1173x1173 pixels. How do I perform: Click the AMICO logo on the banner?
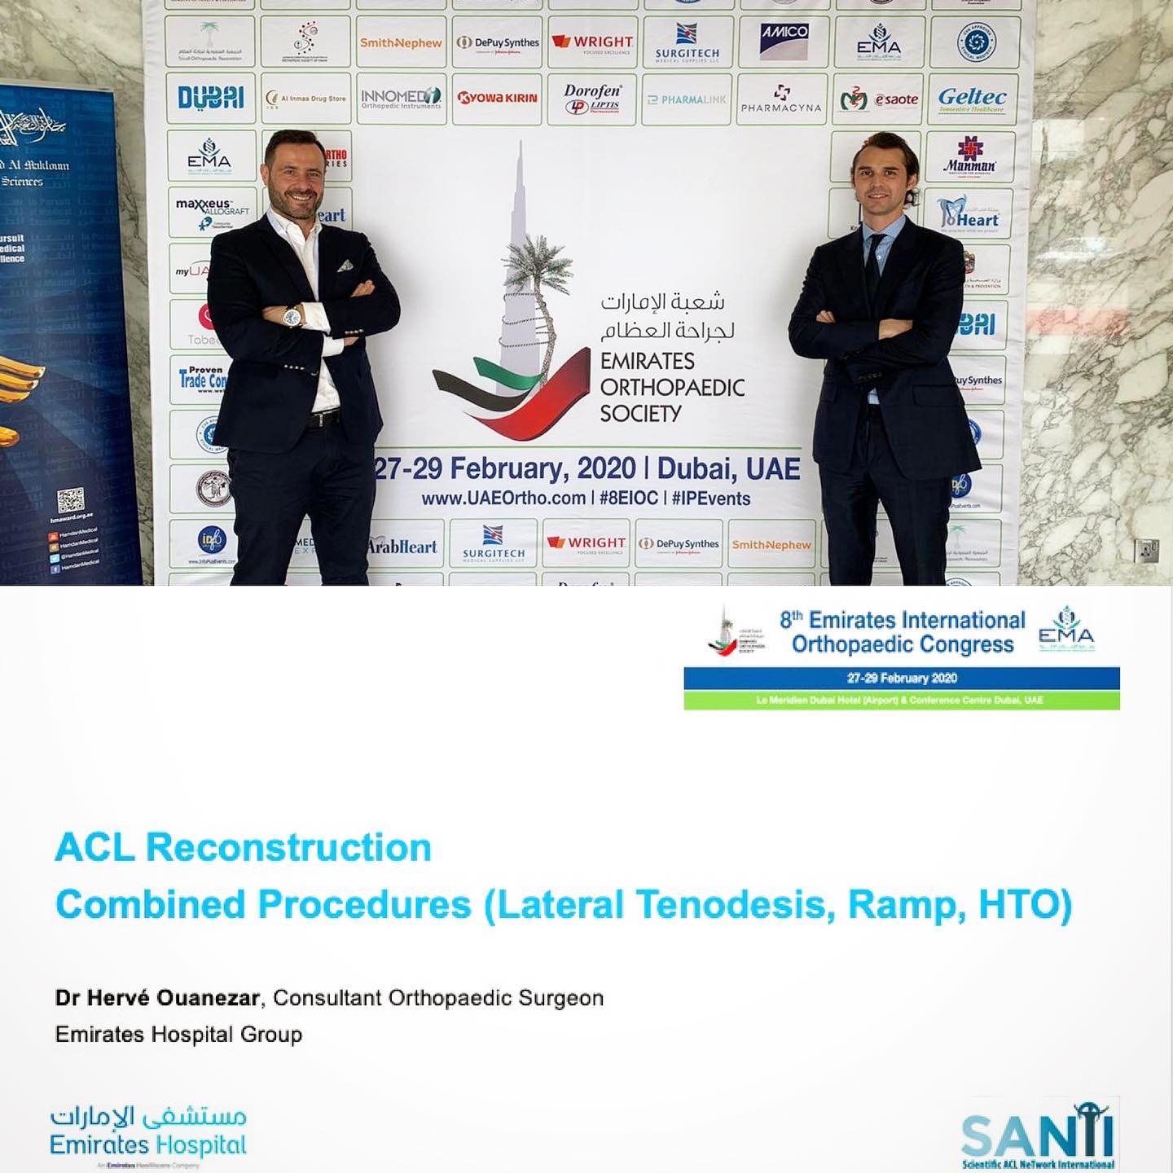[x=784, y=41]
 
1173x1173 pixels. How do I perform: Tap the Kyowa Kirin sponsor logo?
[x=497, y=99]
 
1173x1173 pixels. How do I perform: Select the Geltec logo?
[x=972, y=99]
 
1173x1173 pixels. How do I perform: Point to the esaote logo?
[x=878, y=100]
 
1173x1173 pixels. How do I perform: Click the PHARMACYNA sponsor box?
[x=781, y=99]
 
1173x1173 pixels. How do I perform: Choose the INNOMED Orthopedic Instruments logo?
[x=401, y=99]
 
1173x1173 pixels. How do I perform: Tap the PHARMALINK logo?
[x=686, y=99]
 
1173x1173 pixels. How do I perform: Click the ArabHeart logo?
[x=402, y=547]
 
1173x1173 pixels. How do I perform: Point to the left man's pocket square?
[x=345, y=266]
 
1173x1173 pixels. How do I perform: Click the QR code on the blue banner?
[x=71, y=500]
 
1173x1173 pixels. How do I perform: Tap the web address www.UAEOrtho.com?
[x=503, y=498]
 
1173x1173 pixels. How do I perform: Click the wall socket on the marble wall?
[x=1146, y=550]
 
